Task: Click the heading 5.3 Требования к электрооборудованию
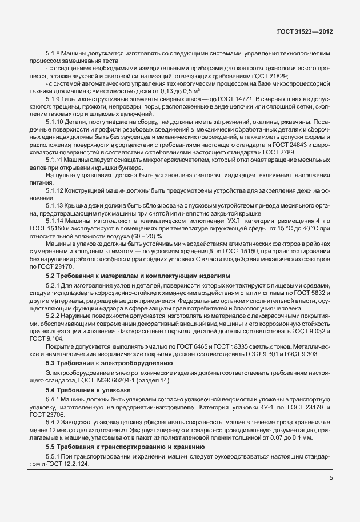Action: (109, 362)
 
